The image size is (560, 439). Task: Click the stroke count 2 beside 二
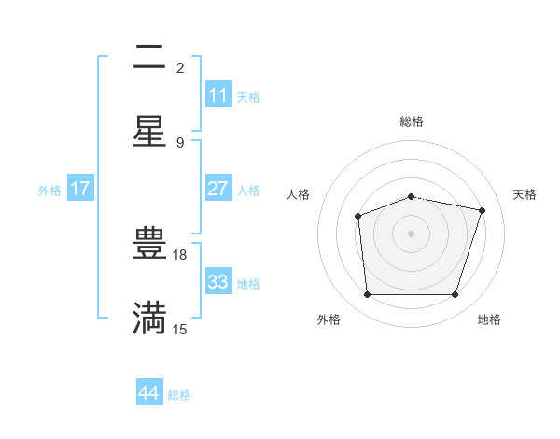pos(180,67)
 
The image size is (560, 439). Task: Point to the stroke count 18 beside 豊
pos(181,254)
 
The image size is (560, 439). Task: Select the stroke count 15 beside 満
pos(180,329)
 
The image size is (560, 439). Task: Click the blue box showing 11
pos(218,95)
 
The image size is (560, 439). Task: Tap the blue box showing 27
pos(218,189)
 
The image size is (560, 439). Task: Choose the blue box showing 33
pos(218,282)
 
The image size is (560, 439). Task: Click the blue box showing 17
pos(80,189)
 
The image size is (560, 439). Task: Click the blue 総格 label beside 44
pos(179,395)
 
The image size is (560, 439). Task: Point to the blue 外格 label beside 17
pos(49,191)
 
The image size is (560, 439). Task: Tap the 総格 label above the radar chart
pos(411,121)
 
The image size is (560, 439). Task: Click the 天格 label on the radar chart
pos(525,194)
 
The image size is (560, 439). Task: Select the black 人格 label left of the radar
pos(299,194)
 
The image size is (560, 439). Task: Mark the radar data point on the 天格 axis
pos(482,210)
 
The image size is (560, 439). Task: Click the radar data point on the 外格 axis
pos(367,295)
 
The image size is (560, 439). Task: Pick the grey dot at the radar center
pos(411,234)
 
